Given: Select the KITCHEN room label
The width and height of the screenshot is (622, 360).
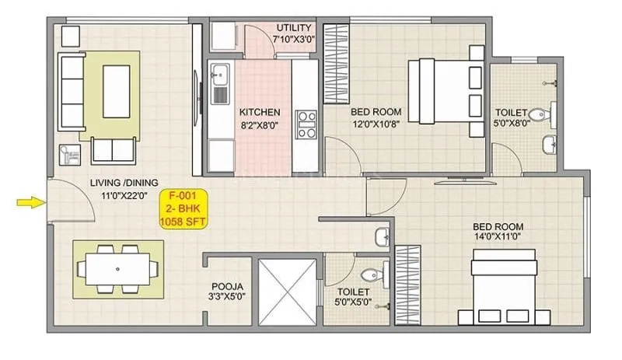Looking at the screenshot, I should click(x=259, y=112).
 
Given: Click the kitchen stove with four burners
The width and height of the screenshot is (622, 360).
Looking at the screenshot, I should click(x=306, y=124).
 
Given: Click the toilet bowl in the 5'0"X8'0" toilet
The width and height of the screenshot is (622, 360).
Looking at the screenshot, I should click(x=553, y=113).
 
